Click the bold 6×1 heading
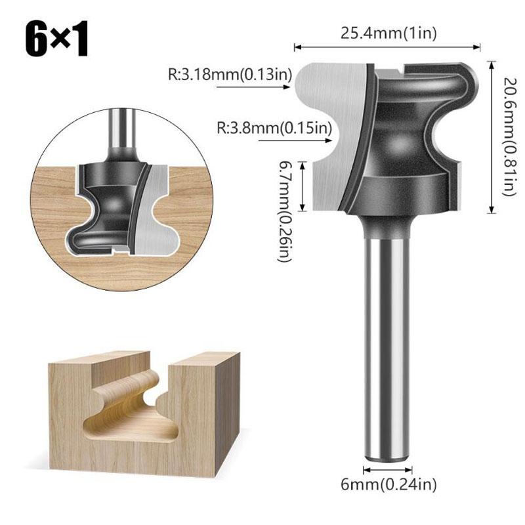56,39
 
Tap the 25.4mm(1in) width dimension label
388,33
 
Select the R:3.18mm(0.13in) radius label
230,74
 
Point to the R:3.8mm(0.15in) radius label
274,127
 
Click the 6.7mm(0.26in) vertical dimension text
285,211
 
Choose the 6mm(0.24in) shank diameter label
388,484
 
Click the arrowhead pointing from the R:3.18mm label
287,87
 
